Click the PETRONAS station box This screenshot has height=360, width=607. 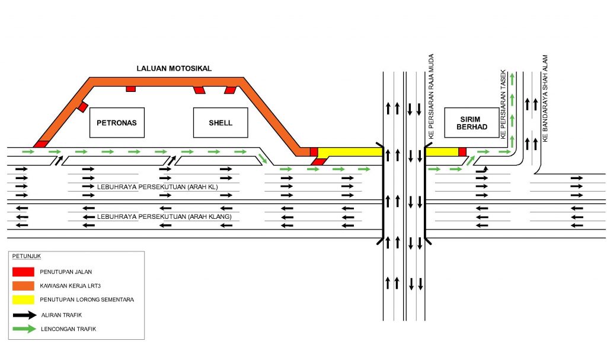point(117,123)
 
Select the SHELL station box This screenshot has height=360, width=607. point(221,123)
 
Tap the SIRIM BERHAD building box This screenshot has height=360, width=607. point(472,123)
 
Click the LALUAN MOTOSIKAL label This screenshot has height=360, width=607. point(174,69)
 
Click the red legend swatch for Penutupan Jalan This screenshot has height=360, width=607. point(23,272)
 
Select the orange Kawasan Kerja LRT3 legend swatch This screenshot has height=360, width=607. point(23,286)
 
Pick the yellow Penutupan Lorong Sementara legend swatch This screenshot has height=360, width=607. point(23,300)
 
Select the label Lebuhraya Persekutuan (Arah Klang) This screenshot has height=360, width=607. point(165,217)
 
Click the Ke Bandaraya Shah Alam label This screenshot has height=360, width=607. point(545,98)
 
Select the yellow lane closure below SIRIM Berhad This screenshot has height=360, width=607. point(442,152)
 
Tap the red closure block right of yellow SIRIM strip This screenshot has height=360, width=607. point(462,152)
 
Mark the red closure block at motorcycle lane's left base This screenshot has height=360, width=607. point(41,144)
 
